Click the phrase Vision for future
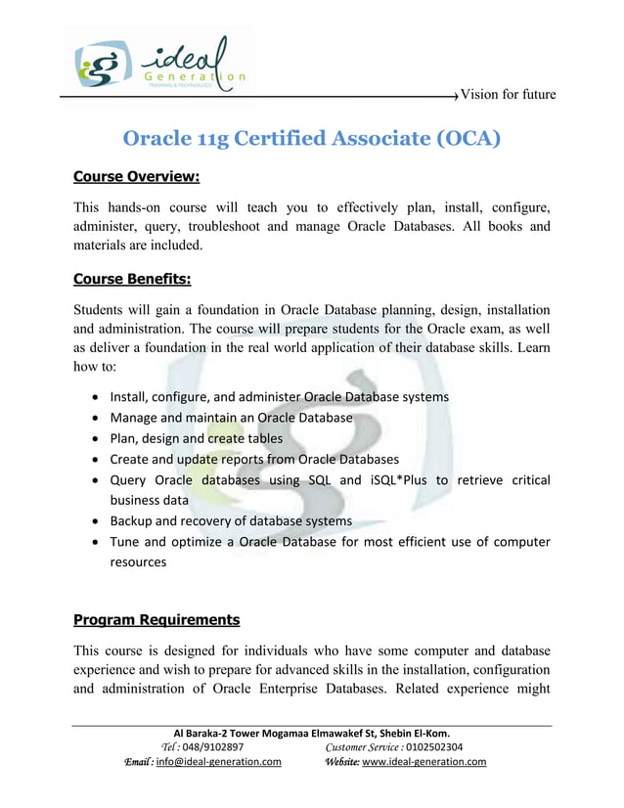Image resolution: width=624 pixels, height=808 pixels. (x=508, y=95)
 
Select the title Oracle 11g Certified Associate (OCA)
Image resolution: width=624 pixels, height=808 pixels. (x=311, y=138)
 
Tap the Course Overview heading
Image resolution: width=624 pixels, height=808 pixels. (x=136, y=177)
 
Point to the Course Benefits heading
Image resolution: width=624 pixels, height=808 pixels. (x=132, y=279)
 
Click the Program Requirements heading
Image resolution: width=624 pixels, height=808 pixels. (x=156, y=620)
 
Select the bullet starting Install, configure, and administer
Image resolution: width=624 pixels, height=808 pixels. (x=279, y=397)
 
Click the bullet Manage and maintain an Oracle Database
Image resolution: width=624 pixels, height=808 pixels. (x=231, y=418)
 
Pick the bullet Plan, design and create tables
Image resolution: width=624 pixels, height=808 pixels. (x=196, y=438)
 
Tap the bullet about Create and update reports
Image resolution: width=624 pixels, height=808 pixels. (x=253, y=459)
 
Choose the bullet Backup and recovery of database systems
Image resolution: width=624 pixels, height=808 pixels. (x=231, y=520)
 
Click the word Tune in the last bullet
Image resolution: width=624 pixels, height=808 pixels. (x=123, y=542)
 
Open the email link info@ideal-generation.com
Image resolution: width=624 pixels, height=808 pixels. (x=219, y=762)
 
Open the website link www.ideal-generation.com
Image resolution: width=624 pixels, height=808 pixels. (x=423, y=762)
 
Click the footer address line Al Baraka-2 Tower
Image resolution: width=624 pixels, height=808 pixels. (x=311, y=734)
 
